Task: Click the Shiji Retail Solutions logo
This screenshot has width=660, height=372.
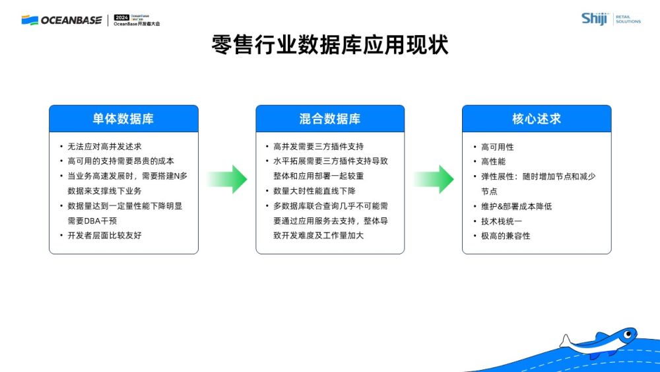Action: [610, 19]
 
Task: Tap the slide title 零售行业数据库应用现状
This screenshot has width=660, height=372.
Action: [330, 46]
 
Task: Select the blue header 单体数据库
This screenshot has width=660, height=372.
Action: [123, 119]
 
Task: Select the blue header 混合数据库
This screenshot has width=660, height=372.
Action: [330, 119]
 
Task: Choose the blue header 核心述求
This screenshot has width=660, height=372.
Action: [537, 119]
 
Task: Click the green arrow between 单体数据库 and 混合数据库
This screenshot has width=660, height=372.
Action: [227, 179]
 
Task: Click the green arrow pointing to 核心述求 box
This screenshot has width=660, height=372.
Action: [434, 179]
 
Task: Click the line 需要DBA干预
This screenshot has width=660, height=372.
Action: [92, 221]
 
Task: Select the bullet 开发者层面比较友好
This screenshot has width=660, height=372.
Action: [104, 235]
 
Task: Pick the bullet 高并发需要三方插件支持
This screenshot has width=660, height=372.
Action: [318, 147]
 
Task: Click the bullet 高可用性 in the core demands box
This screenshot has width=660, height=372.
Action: [497, 147]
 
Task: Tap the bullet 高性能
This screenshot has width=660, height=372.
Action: [493, 161]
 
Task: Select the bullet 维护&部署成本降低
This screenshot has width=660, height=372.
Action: [516, 206]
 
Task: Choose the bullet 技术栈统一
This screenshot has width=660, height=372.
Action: [502, 221]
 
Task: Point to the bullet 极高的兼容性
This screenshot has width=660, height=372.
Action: [506, 235]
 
